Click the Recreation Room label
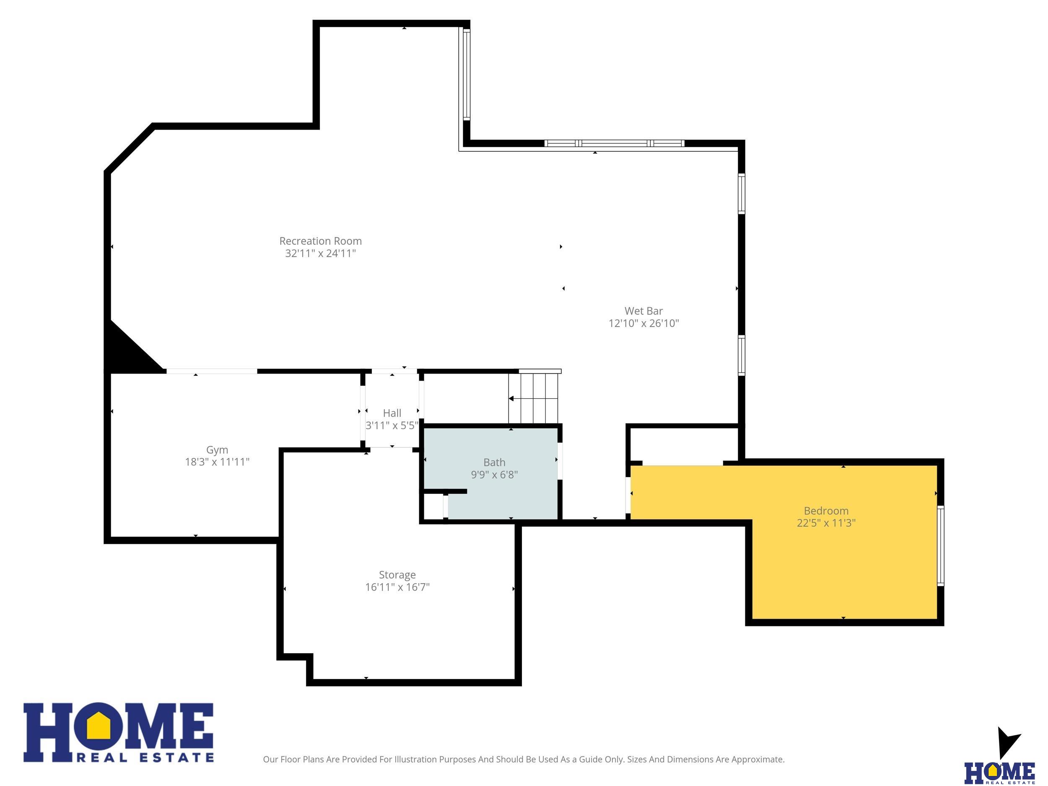click(320, 241)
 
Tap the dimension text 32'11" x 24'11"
click(320, 254)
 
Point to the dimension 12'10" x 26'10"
click(643, 324)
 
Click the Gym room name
click(217, 450)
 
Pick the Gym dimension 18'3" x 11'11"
click(217, 462)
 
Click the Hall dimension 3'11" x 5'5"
click(392, 425)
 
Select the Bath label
click(494, 462)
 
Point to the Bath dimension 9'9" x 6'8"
click(494, 475)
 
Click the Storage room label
click(397, 575)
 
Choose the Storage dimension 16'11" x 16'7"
click(397, 587)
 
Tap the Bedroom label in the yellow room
click(826, 511)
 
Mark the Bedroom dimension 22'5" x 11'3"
click(826, 523)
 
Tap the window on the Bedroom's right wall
click(941, 546)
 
